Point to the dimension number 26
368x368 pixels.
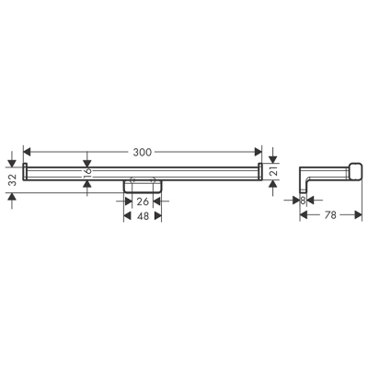[144, 201]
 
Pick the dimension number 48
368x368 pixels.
[143, 217]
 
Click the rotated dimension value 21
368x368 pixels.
[274, 170]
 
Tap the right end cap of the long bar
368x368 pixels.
[260, 169]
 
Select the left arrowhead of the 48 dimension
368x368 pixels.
[128, 217]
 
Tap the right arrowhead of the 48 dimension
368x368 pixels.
[158, 217]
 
